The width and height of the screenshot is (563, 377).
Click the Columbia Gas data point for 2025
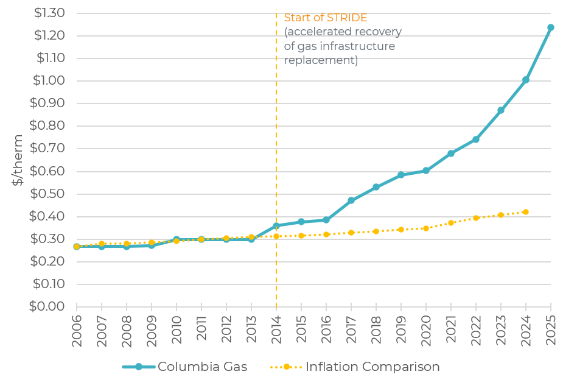[x=550, y=27]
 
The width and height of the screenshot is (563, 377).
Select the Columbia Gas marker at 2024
[x=525, y=80]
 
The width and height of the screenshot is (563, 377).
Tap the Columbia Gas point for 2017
[x=351, y=200]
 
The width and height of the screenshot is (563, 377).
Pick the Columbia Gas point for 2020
[x=426, y=171]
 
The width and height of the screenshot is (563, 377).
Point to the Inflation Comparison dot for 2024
[x=525, y=212]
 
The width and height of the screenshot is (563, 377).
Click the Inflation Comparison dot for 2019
[x=401, y=230]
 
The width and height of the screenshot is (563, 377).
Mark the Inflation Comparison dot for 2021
[x=451, y=223]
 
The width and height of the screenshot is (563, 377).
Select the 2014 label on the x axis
[x=277, y=331]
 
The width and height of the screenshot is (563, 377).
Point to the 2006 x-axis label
[x=77, y=331]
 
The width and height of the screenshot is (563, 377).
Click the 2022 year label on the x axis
[x=477, y=331]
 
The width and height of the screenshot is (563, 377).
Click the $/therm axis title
[x=18, y=160]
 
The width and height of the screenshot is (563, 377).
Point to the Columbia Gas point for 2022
[x=476, y=139]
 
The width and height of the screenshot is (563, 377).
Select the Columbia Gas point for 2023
[x=501, y=110]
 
